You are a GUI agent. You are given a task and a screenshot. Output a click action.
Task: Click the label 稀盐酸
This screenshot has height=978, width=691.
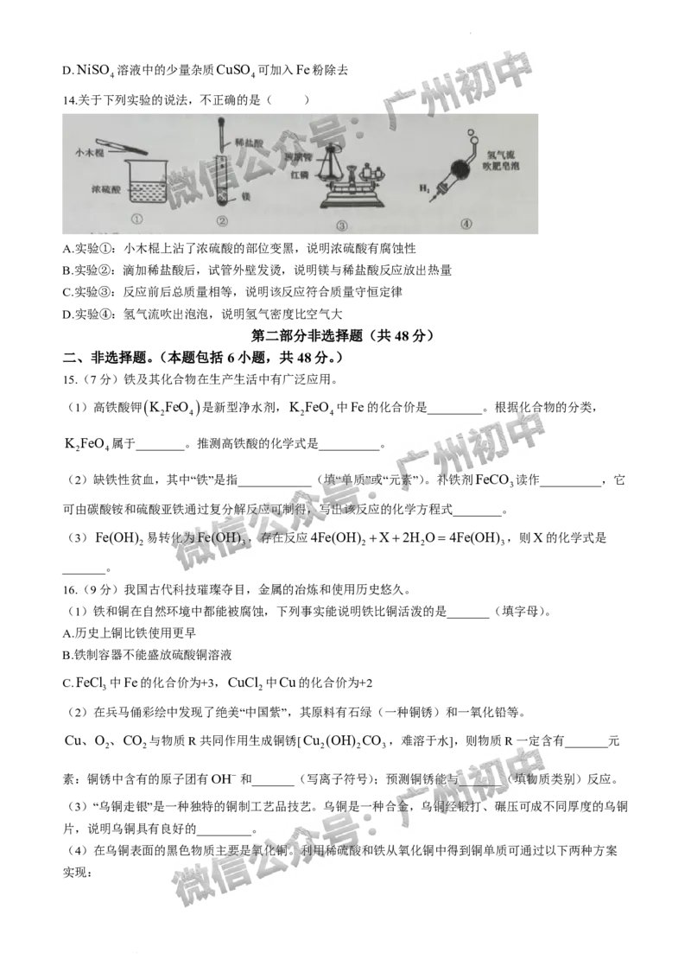coord(248,127)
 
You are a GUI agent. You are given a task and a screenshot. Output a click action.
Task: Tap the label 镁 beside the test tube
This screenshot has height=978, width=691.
coord(245,195)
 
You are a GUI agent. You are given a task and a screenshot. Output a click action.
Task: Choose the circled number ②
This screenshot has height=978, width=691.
coord(222,222)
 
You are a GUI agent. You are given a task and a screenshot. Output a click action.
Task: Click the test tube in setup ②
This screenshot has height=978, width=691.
coord(222,181)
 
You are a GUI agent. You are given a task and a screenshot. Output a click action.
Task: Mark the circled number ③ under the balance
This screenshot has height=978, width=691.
coord(342,225)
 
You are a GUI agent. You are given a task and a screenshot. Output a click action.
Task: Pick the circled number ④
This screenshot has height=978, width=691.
coord(466,223)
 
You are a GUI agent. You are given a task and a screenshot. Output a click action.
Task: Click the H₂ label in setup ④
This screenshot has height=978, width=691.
coord(424,187)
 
